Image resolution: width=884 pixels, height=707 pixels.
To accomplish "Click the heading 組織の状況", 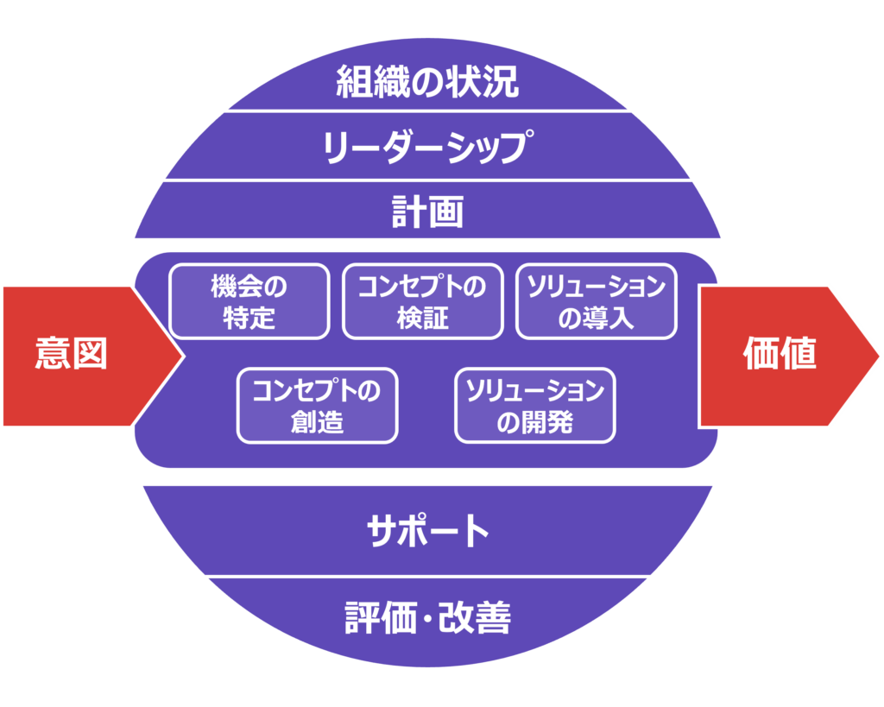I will click(427, 84).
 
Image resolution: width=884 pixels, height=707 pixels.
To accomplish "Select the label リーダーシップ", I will click(427, 148).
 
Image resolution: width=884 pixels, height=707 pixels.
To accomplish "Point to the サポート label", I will click(427, 531).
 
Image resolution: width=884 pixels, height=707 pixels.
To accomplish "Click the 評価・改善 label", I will click(427, 618).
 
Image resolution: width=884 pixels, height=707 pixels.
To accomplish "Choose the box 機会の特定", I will click(249, 301).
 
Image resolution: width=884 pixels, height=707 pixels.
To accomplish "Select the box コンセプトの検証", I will click(422, 301).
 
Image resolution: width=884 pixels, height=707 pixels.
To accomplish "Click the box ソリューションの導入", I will click(597, 301).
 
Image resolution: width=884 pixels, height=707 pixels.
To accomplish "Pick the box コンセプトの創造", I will click(317, 406).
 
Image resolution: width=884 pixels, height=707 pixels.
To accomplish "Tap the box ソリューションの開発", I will click(535, 406).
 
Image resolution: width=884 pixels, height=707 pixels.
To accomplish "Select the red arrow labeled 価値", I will click(786, 356).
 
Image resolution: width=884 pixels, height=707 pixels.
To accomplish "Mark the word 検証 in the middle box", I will click(423, 318).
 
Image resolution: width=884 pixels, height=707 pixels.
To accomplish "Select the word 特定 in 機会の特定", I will click(249, 318).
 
